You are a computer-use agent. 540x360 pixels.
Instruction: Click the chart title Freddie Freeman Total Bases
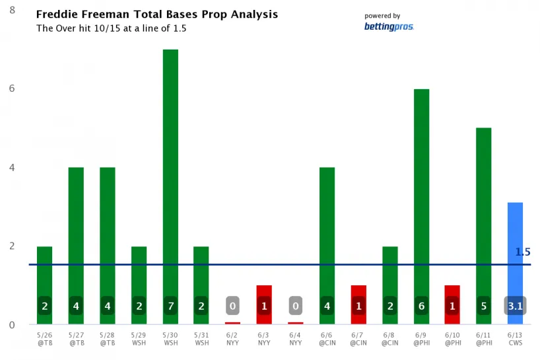coord(156,15)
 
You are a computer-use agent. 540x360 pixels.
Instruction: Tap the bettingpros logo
coord(389,26)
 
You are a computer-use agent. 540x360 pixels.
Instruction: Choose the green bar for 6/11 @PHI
coord(484,211)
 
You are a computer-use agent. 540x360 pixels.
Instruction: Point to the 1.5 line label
coord(523,252)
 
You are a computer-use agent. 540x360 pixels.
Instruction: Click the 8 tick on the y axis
coord(13,11)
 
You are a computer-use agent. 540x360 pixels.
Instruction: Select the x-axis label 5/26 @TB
coord(44,339)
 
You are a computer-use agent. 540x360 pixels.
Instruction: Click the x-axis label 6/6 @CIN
coord(327,339)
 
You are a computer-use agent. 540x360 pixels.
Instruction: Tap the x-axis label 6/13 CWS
coord(515,339)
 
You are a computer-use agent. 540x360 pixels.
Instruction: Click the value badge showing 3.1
coord(515,306)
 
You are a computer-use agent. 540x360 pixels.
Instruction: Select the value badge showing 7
coord(170,306)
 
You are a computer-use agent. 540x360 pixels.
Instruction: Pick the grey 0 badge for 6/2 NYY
coord(232,306)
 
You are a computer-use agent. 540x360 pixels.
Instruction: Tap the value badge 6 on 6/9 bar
coord(421,306)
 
